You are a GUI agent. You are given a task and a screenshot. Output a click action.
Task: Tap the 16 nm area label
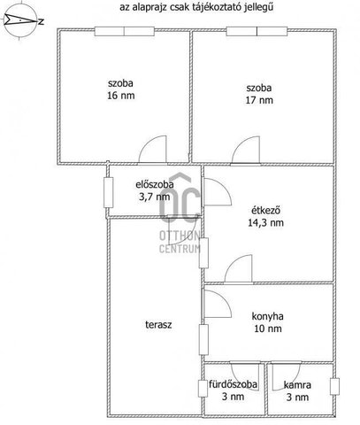(121, 96)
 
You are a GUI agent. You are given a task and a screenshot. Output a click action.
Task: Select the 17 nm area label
(259, 100)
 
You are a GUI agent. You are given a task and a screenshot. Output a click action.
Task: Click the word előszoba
(155, 184)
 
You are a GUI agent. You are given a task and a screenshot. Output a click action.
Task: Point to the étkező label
(265, 211)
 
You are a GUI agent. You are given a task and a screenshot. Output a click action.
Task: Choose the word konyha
(267, 316)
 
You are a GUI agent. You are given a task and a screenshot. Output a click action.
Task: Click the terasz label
(158, 325)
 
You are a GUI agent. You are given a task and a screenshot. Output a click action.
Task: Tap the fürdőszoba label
(233, 384)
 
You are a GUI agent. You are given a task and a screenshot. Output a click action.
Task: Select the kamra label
(297, 385)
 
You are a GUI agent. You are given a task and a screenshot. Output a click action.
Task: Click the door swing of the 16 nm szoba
(153, 149)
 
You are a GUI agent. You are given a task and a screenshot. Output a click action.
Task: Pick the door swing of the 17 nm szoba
(246, 150)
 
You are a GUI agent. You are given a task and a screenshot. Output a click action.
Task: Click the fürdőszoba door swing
(245, 376)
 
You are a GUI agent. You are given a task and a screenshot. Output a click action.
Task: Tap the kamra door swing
(286, 375)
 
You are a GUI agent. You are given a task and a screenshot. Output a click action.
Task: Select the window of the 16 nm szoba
(125, 32)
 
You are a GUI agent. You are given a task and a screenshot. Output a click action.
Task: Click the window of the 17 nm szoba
(257, 31)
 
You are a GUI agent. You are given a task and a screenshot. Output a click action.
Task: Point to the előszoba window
(109, 192)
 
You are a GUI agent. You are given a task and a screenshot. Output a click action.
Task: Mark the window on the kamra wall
(334, 386)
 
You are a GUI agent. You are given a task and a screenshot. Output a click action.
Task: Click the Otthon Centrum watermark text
(180, 243)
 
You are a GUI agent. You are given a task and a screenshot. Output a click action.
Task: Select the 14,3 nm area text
(265, 222)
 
